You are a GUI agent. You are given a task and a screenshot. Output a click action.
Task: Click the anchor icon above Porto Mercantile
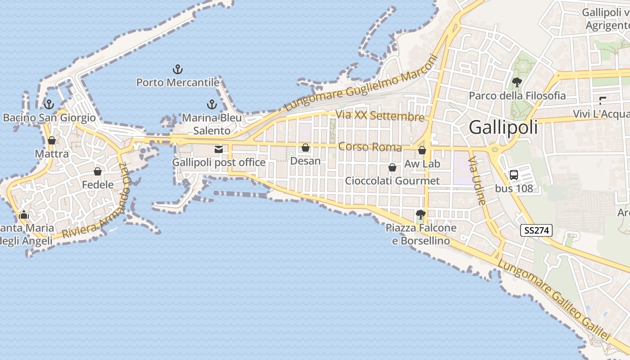tap(178, 69)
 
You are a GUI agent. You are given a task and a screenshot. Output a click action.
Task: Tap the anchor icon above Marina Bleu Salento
tap(211, 105)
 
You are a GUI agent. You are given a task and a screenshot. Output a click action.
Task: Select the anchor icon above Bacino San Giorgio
tap(49, 104)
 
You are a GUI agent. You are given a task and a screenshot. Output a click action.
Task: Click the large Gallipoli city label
tap(503, 127)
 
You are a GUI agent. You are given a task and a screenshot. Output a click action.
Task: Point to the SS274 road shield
tap(536, 230)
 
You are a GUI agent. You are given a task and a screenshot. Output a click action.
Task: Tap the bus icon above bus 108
tap(513, 175)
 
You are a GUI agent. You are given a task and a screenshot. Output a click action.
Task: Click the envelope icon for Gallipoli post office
tap(219, 149)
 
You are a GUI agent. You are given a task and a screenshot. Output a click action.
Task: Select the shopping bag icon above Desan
tap(306, 148)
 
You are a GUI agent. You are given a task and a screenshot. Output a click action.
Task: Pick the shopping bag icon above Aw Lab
tap(422, 150)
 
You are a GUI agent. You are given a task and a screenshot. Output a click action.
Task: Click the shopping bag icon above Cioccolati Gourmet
tap(392, 168)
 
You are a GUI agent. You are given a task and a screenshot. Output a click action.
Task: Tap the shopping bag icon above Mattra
tap(52, 140)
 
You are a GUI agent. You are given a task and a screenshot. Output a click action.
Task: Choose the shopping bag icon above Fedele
tap(97, 171)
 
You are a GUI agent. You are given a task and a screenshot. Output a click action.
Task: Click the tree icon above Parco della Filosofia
tap(517, 82)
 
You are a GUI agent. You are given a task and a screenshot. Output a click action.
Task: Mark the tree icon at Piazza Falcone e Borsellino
tap(421, 215)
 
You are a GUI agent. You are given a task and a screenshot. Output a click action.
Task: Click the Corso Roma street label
tap(370, 147)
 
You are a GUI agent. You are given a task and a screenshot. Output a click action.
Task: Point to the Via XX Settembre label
tap(380, 116)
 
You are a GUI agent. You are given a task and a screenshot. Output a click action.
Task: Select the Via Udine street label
tap(478, 180)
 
